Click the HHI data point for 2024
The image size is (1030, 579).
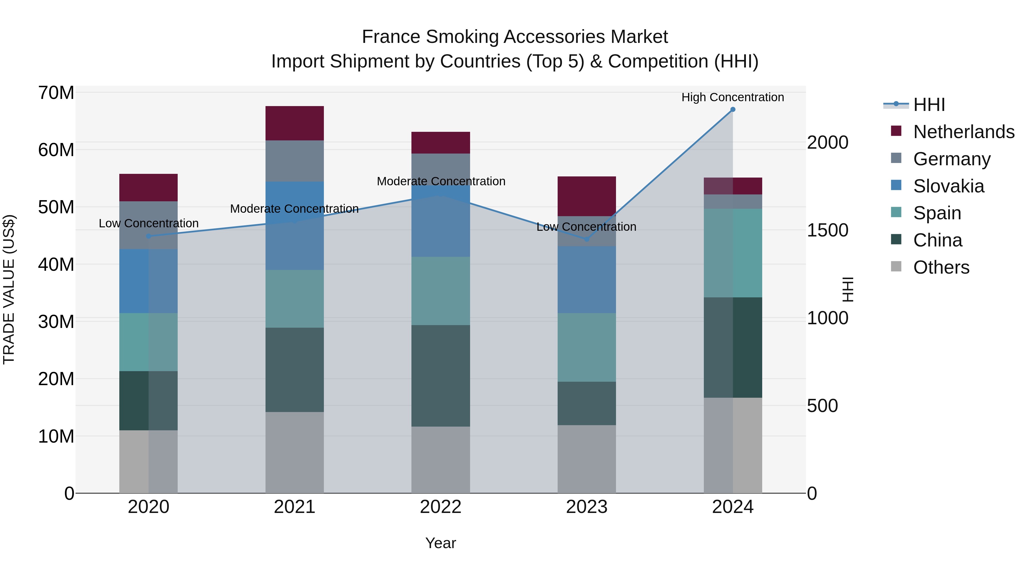point(732,110)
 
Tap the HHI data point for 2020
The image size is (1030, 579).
point(149,236)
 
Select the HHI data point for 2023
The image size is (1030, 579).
point(587,239)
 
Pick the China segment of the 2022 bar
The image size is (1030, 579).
point(441,376)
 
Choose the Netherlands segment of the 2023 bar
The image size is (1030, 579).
point(587,196)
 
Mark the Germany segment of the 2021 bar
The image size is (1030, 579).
point(295,161)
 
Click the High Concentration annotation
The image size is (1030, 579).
point(732,98)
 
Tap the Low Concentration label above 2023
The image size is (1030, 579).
point(586,227)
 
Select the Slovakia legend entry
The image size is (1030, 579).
point(948,186)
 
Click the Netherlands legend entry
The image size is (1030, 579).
point(964,132)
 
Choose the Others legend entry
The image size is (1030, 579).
point(941,267)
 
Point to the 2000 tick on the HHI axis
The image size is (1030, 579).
point(827,143)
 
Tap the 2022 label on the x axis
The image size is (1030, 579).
point(441,507)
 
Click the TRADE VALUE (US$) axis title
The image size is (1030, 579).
point(9,289)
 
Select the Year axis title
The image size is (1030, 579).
point(441,543)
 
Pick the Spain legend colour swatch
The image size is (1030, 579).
point(896,212)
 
